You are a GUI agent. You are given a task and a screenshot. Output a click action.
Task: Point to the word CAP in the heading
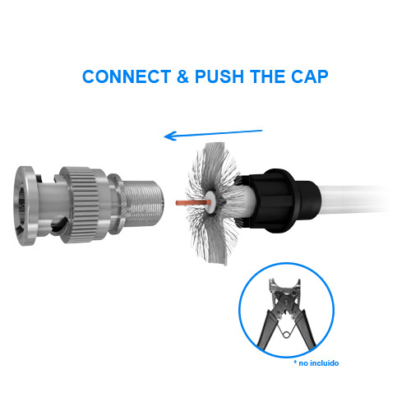(x=310, y=77)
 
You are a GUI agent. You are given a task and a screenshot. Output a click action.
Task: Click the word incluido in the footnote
(x=322, y=363)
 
